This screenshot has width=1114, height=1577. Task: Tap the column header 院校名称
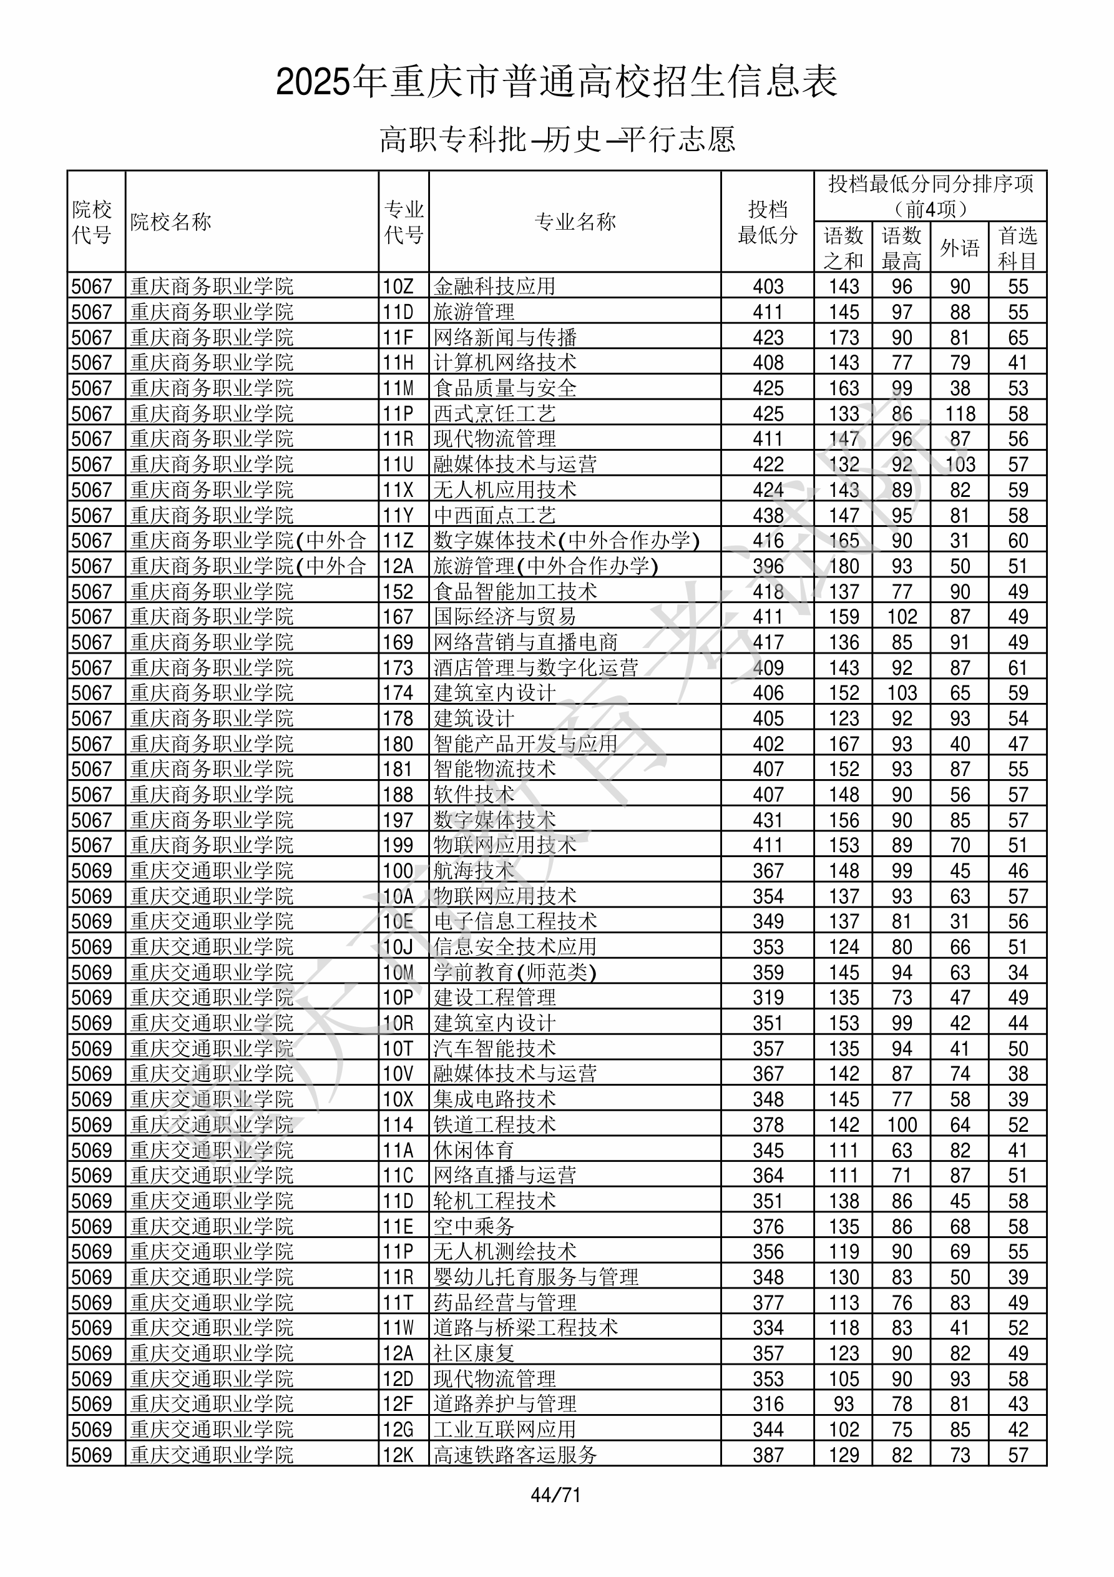[x=170, y=222]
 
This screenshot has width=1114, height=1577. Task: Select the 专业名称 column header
[x=575, y=222]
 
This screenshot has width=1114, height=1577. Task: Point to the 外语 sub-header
[x=959, y=248]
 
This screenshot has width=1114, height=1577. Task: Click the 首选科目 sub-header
[x=1017, y=248]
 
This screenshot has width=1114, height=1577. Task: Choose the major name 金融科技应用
[x=494, y=287]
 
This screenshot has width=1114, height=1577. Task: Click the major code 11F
[x=398, y=337]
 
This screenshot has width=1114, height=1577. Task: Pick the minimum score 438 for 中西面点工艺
[x=767, y=515]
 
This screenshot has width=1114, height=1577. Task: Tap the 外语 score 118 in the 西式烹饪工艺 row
[x=959, y=413]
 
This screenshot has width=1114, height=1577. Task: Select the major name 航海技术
[x=474, y=871]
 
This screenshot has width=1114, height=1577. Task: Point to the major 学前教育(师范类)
[x=514, y=973]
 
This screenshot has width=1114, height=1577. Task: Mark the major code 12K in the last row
[x=398, y=1455]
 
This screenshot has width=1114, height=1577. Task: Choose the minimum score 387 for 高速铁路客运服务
[x=767, y=1455]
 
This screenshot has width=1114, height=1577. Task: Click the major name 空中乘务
[x=474, y=1226]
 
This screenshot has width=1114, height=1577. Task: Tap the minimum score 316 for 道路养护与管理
[x=767, y=1404]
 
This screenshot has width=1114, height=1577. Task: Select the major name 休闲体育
[x=474, y=1150]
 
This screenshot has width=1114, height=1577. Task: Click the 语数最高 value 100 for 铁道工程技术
[x=901, y=1124]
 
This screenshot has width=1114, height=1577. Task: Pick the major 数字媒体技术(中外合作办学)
[x=567, y=541]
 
